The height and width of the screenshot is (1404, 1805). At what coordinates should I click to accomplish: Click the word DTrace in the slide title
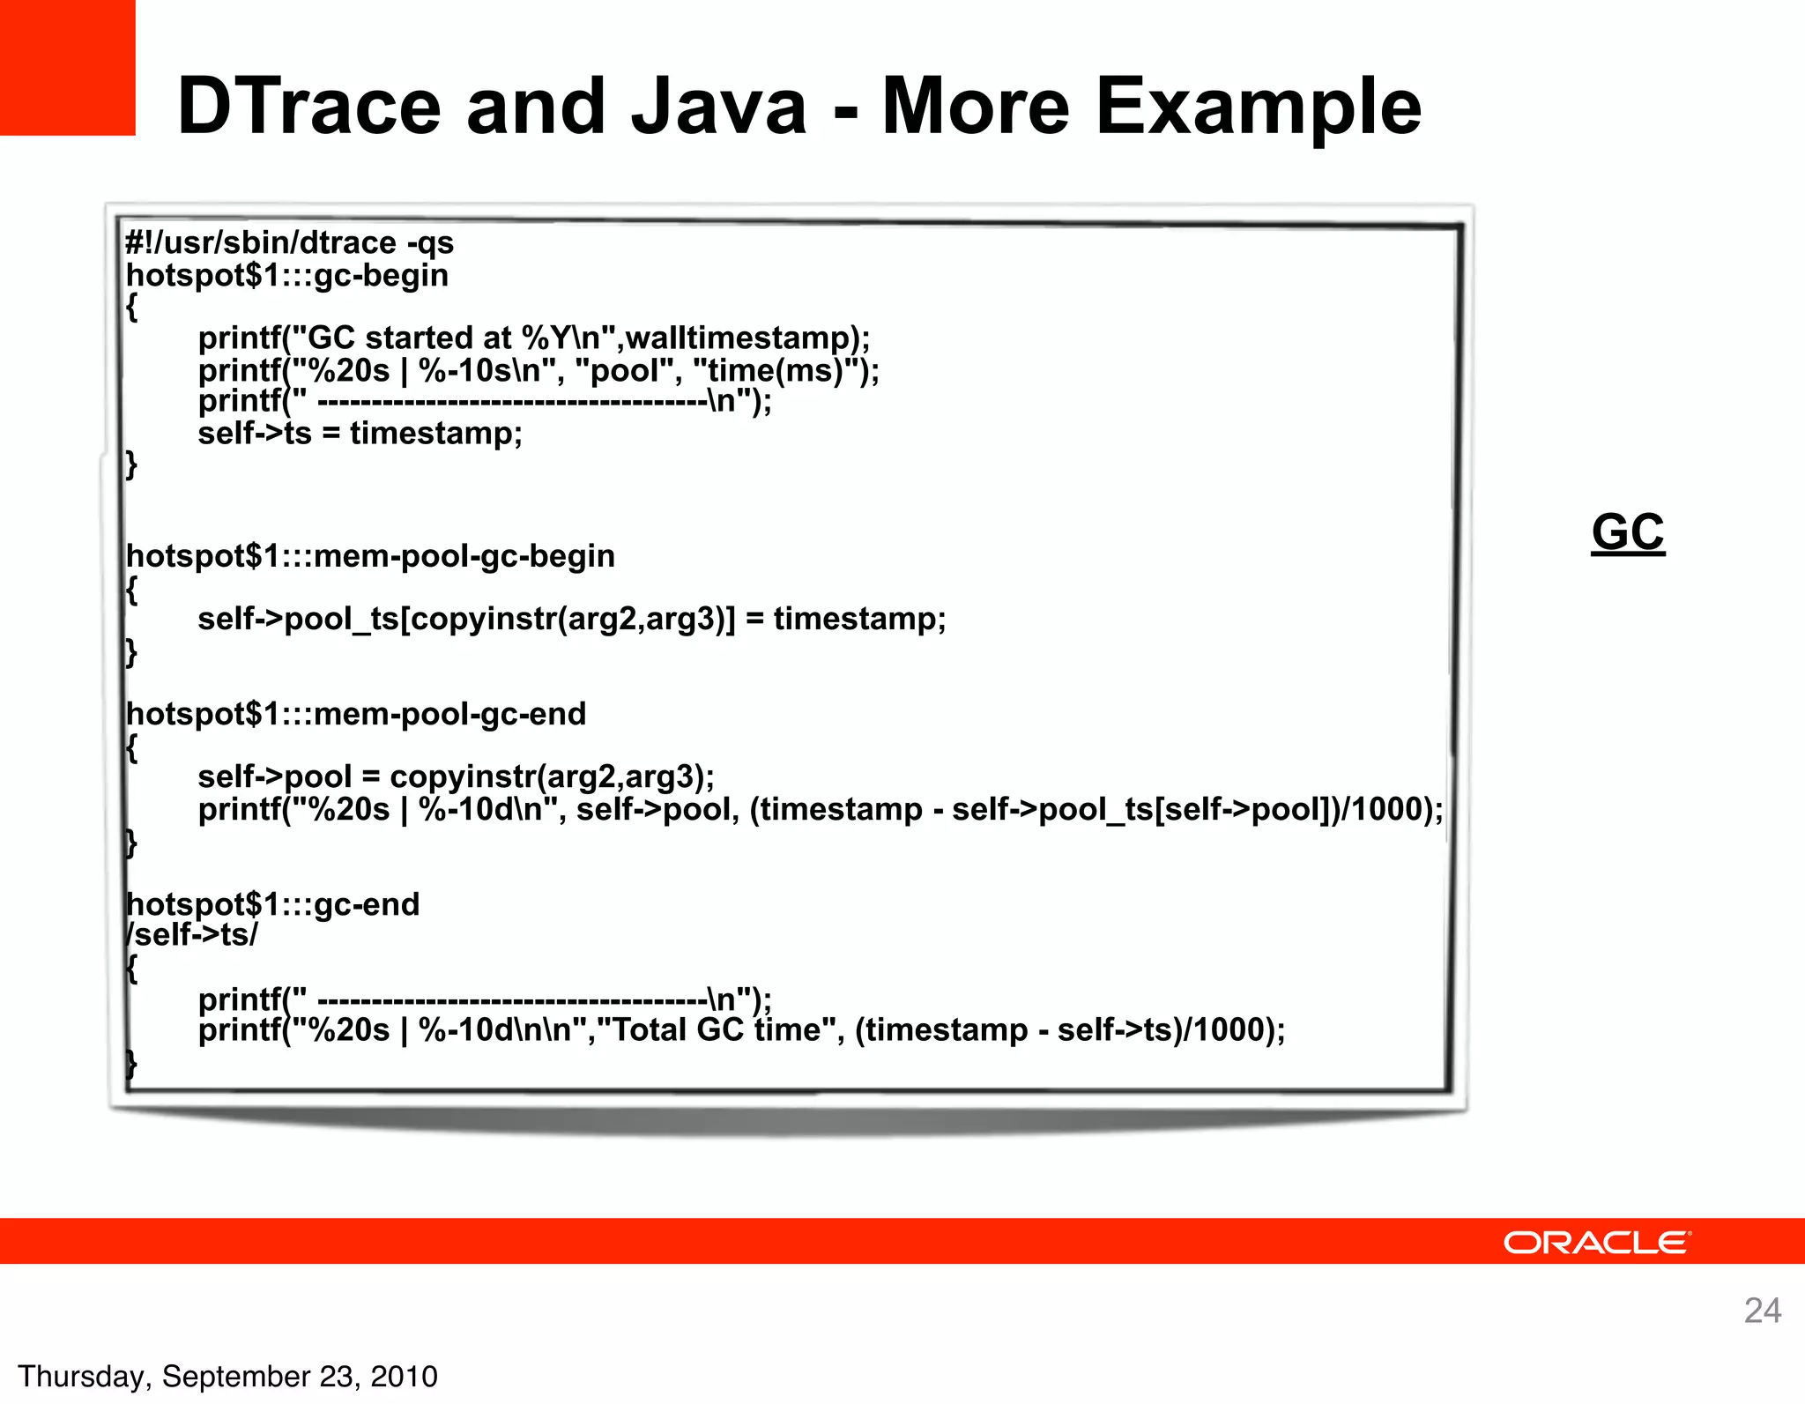pos(308,107)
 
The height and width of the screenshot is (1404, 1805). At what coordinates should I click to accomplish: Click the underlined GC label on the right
pos(1628,532)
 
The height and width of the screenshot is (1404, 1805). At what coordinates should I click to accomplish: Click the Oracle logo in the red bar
pos(1596,1243)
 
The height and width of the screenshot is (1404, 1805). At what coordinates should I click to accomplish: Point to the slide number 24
pos(1762,1311)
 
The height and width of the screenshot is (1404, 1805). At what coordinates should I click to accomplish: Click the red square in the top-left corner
pos(67,67)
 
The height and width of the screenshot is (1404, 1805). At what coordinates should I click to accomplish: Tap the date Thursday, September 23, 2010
pos(227,1377)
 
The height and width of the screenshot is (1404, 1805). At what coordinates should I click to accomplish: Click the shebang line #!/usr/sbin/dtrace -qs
pos(289,242)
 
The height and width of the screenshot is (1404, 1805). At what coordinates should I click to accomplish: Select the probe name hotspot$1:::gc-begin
pos(287,275)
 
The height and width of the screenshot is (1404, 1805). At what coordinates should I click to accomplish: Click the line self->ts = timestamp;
pos(360,434)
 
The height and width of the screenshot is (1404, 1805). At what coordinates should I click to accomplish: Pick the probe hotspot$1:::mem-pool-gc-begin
pos(370,556)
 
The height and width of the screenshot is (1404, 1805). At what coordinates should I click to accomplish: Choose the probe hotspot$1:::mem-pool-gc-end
pos(356,714)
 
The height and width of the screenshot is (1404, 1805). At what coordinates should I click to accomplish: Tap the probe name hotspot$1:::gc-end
pos(273,904)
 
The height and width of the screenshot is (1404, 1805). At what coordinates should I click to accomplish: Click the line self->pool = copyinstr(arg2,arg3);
pos(456,776)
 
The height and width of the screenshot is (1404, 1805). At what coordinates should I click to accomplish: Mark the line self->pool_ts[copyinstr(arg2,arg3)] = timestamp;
pos(571,619)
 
